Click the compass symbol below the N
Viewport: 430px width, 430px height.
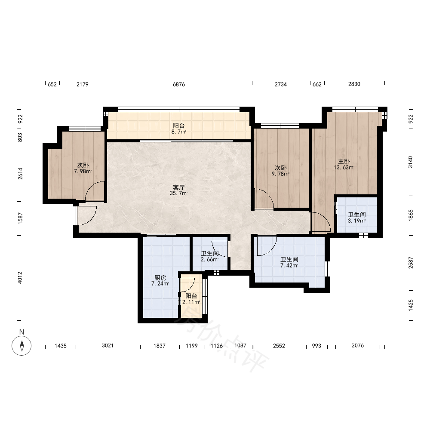pos(21,345)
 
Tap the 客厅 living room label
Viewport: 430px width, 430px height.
pos(178,187)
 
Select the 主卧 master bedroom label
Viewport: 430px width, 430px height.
pos(344,161)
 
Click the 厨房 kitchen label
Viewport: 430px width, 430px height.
pos(160,278)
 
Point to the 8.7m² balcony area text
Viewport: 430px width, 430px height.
pos(179,132)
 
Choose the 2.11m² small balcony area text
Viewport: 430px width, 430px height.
pos(191,302)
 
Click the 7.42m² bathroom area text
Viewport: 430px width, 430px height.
pos(289,265)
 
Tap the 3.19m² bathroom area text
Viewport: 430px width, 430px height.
pos(357,221)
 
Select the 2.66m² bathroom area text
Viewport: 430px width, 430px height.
pos(209,259)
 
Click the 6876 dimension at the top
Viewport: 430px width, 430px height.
pos(179,84)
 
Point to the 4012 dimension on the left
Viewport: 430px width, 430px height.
pos(20,277)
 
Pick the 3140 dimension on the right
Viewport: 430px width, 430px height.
pos(410,162)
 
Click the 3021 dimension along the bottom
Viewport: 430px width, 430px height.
pos(108,346)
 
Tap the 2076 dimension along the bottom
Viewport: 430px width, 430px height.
pos(358,346)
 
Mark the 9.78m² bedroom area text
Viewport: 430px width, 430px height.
pos(280,174)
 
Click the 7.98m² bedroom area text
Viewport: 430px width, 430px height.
pos(83,172)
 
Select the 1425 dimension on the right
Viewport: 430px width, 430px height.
pos(411,305)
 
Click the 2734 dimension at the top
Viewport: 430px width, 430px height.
pos(281,84)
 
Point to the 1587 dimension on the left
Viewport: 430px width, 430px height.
pos(20,218)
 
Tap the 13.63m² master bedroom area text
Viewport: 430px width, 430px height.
pos(344,167)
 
